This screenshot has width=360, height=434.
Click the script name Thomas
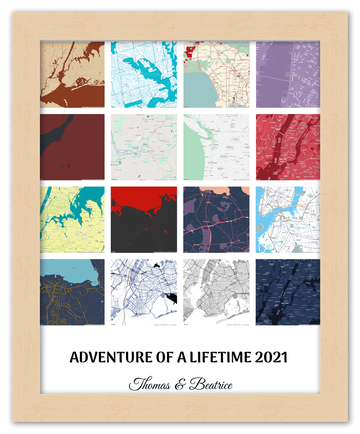pos(150,385)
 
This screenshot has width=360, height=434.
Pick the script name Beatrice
pos(211,385)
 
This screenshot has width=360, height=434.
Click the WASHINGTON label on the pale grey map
pos(229,147)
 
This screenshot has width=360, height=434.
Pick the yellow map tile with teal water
pos(72,219)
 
